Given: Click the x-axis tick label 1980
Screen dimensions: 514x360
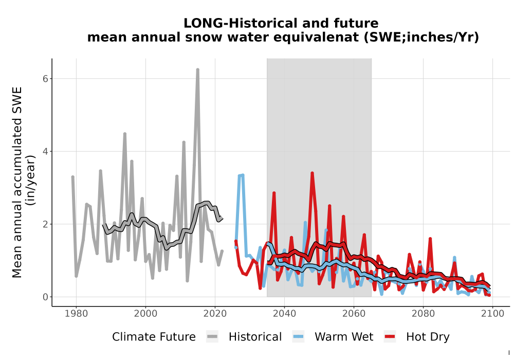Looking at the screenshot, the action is pyautogui.click(x=77, y=314).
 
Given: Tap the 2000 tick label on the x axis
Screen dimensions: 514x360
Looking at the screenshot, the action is pyautogui.click(x=145, y=314).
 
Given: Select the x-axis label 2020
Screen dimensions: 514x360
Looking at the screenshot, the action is pyautogui.click(x=215, y=314).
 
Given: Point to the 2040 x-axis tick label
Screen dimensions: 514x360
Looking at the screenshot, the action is pyautogui.click(x=285, y=314).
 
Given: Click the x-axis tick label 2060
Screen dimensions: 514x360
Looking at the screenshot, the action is pyautogui.click(x=354, y=314).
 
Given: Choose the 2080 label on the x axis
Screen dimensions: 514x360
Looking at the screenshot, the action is pyautogui.click(x=423, y=314).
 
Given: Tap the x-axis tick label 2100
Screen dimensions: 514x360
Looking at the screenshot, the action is pyautogui.click(x=492, y=314).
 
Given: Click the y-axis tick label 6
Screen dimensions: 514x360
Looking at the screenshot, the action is pyautogui.click(x=45, y=79).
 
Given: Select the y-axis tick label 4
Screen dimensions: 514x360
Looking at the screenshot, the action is pyautogui.click(x=45, y=152).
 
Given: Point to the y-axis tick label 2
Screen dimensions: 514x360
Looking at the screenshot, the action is pyautogui.click(x=45, y=224).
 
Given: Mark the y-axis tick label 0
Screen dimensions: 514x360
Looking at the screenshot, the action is pyautogui.click(x=45, y=297).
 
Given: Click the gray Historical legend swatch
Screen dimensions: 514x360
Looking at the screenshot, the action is pyautogui.click(x=212, y=337).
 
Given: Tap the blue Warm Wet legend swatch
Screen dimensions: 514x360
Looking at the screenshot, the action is pyautogui.click(x=298, y=337).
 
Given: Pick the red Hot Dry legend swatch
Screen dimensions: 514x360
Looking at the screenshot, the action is pyautogui.click(x=390, y=337).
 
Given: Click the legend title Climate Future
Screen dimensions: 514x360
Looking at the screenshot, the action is pyautogui.click(x=154, y=337).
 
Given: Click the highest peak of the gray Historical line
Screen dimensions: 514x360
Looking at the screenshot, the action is pyautogui.click(x=198, y=70).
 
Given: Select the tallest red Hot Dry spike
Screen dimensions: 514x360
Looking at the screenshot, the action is pyautogui.click(x=312, y=173).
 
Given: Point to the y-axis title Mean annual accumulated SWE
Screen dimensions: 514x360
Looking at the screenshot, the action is pyautogui.click(x=17, y=182).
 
